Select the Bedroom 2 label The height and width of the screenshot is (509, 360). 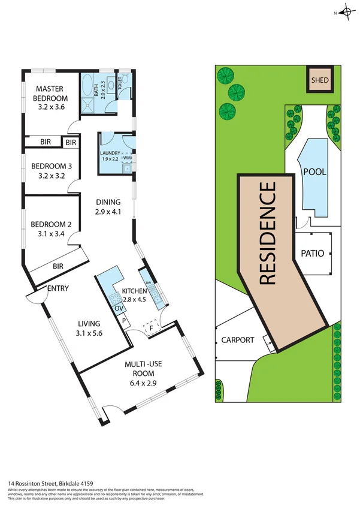51,230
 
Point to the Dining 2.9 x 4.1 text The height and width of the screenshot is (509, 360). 108,207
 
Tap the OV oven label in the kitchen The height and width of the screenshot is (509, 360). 119,309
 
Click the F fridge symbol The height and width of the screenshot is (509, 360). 152,328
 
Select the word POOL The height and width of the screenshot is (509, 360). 314,172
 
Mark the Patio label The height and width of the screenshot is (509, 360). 311,254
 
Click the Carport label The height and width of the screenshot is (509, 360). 237,340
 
